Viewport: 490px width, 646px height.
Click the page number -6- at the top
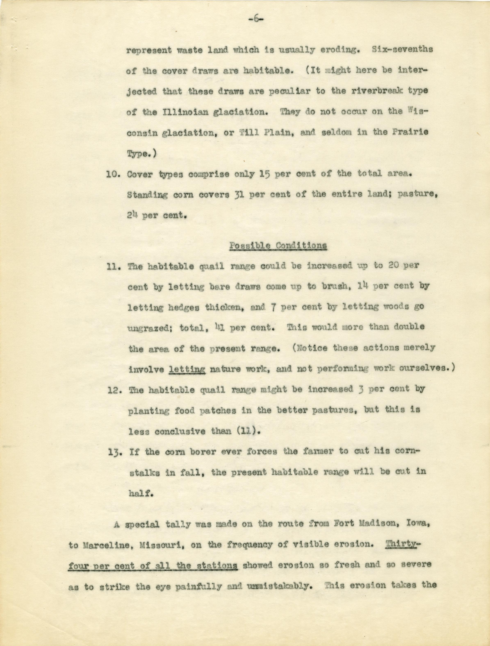click(256, 19)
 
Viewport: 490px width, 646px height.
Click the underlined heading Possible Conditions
click(278, 246)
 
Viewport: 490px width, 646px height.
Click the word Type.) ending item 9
click(142, 154)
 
